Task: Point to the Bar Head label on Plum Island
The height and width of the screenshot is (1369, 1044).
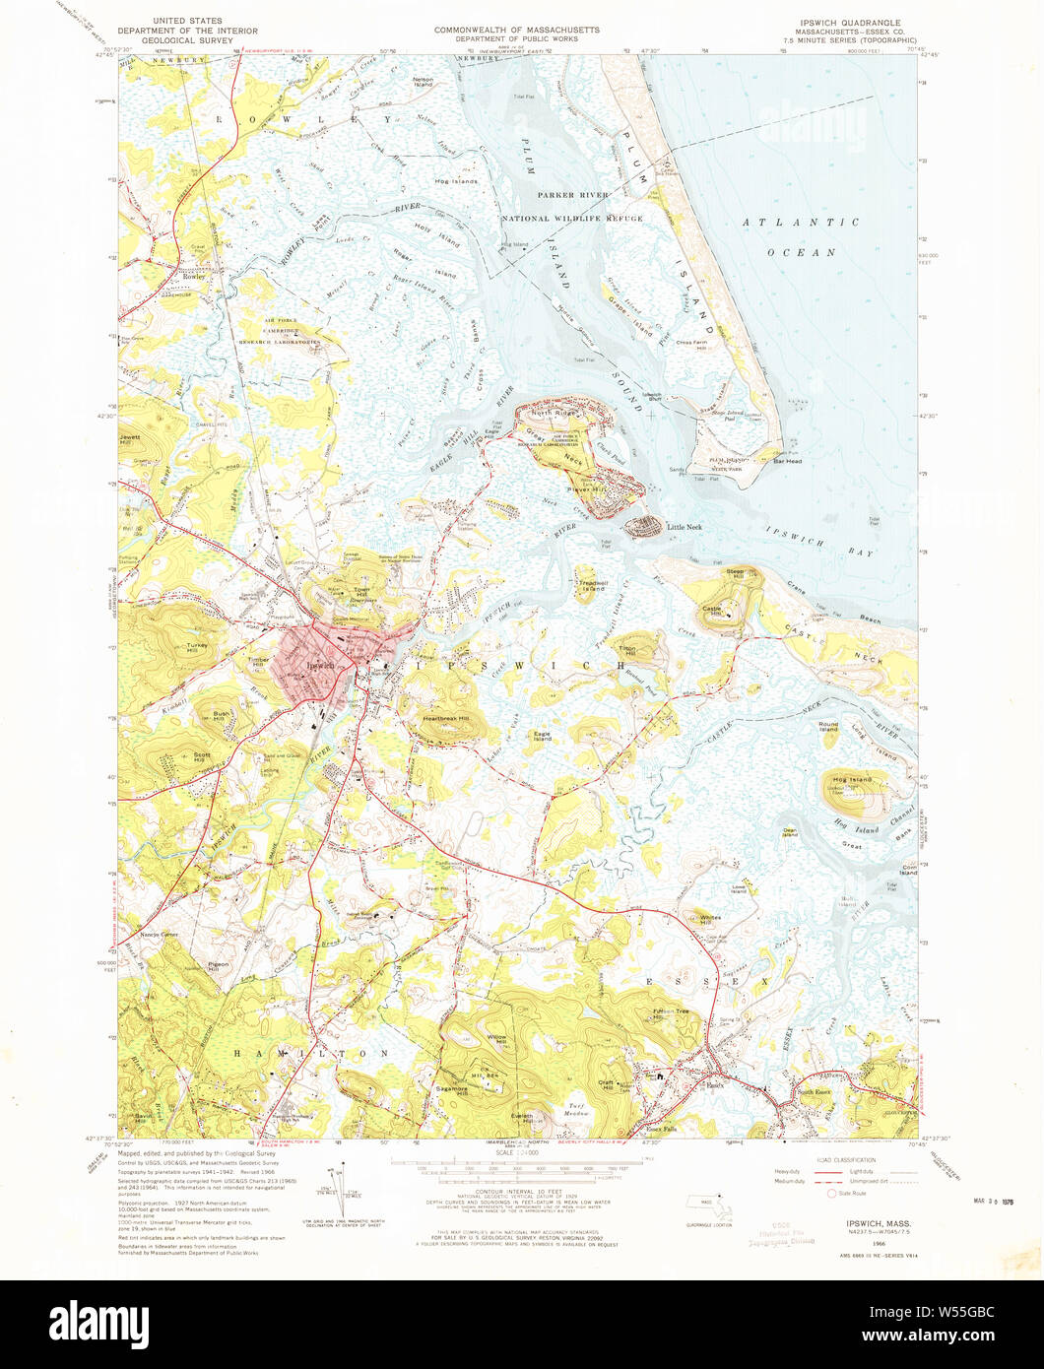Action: tap(787, 461)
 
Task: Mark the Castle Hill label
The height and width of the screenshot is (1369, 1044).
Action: tap(713, 610)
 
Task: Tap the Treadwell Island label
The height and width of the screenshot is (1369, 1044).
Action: tap(593, 585)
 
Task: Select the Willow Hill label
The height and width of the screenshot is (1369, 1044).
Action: tap(497, 1038)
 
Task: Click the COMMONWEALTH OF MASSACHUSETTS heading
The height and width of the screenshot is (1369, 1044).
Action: tap(517, 31)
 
